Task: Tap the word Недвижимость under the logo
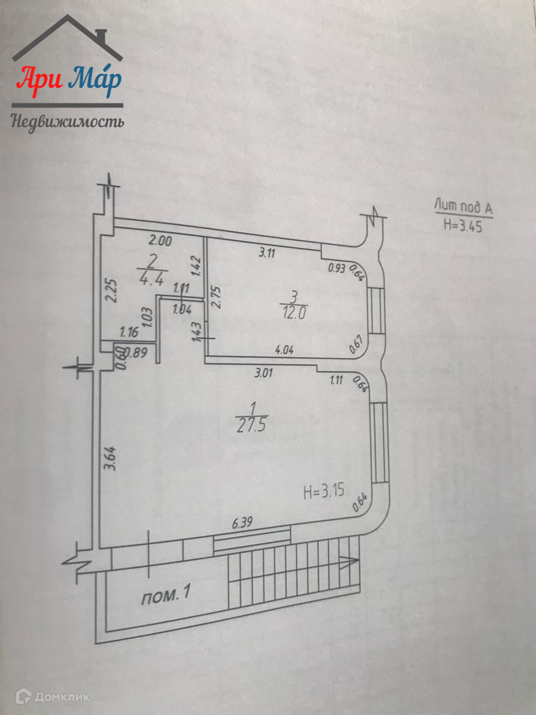click(x=68, y=123)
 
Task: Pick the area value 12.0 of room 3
click(x=295, y=314)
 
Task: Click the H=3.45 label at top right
click(x=463, y=226)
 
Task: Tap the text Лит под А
click(x=463, y=208)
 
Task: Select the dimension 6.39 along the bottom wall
click(x=242, y=522)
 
